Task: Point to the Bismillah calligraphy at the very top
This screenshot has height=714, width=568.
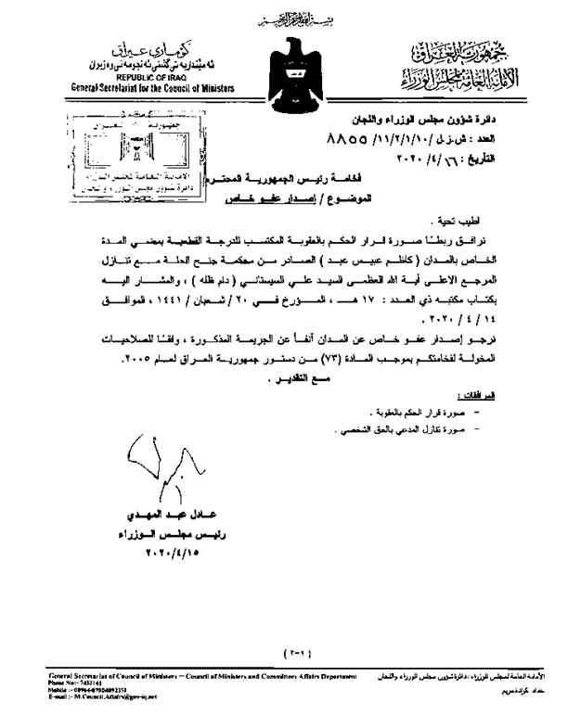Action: coord(281,20)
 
